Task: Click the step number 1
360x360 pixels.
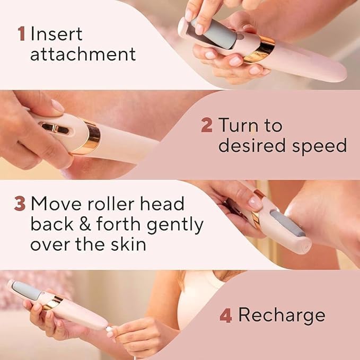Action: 22,34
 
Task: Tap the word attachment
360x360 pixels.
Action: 83,54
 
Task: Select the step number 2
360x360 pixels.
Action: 207,126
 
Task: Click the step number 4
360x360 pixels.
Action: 225,315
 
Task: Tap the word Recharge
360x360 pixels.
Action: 282,315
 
